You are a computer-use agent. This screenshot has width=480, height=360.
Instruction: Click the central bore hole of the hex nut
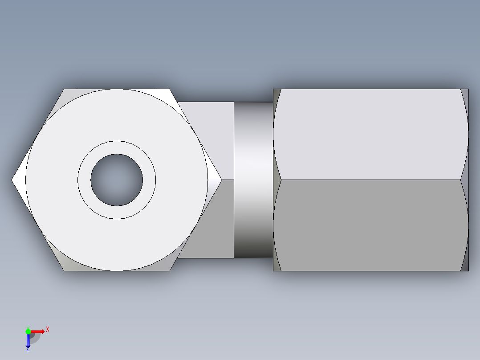[117, 180]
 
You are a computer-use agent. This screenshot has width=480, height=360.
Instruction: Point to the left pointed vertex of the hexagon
[13, 180]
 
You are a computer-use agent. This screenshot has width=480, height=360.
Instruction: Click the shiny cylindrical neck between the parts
[253, 180]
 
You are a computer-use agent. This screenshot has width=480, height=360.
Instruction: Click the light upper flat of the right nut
[370, 134]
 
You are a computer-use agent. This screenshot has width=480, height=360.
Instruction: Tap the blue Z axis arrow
[28, 341]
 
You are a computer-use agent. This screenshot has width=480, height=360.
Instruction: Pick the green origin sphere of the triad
[28, 331]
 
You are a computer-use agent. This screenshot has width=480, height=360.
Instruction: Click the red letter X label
[47, 329]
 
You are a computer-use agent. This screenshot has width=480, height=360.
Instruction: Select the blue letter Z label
[28, 350]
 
